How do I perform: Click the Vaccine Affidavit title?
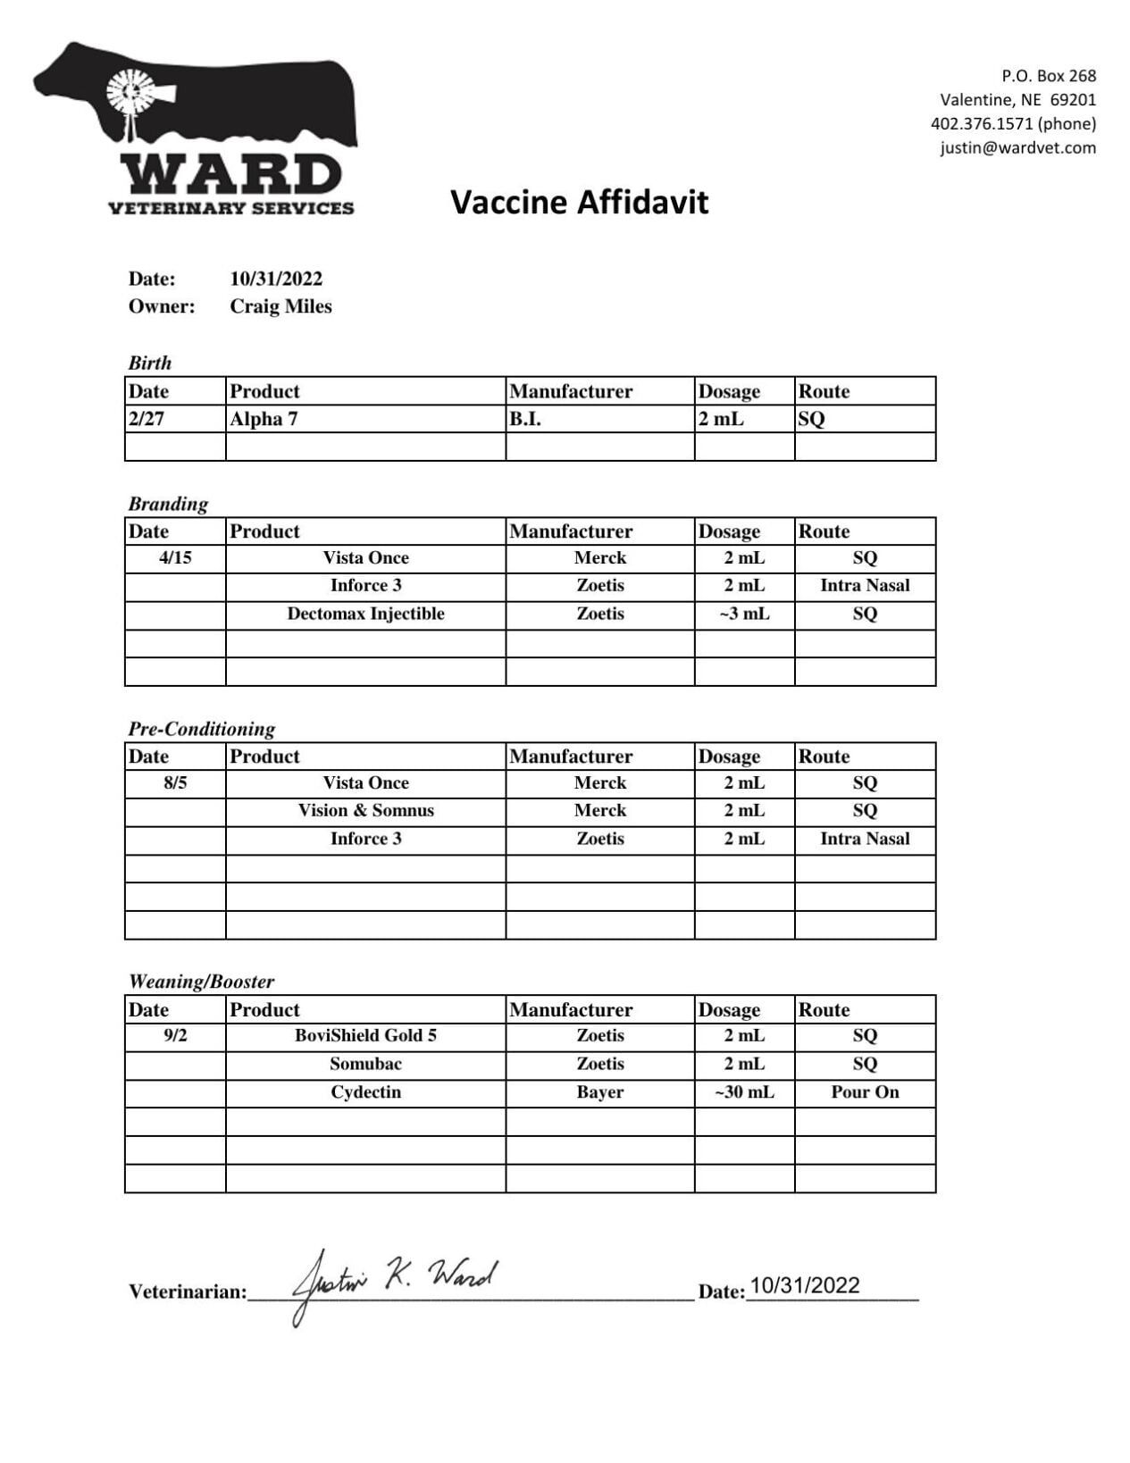[579, 202]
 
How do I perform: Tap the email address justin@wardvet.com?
[1017, 147]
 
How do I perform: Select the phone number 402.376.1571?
[982, 123]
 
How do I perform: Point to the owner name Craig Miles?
[280, 306]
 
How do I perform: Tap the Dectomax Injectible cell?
[365, 614]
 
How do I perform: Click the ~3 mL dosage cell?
[744, 614]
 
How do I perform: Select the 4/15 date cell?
[175, 557]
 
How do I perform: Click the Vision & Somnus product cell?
[365, 810]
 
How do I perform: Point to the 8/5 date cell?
[175, 782]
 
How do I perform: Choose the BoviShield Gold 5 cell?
[365, 1035]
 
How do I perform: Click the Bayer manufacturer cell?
[599, 1091]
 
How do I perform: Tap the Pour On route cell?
[865, 1091]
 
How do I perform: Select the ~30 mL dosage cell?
[744, 1091]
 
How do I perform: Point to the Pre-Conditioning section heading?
[202, 729]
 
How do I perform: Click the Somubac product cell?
[365, 1064]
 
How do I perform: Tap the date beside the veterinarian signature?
[804, 1285]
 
